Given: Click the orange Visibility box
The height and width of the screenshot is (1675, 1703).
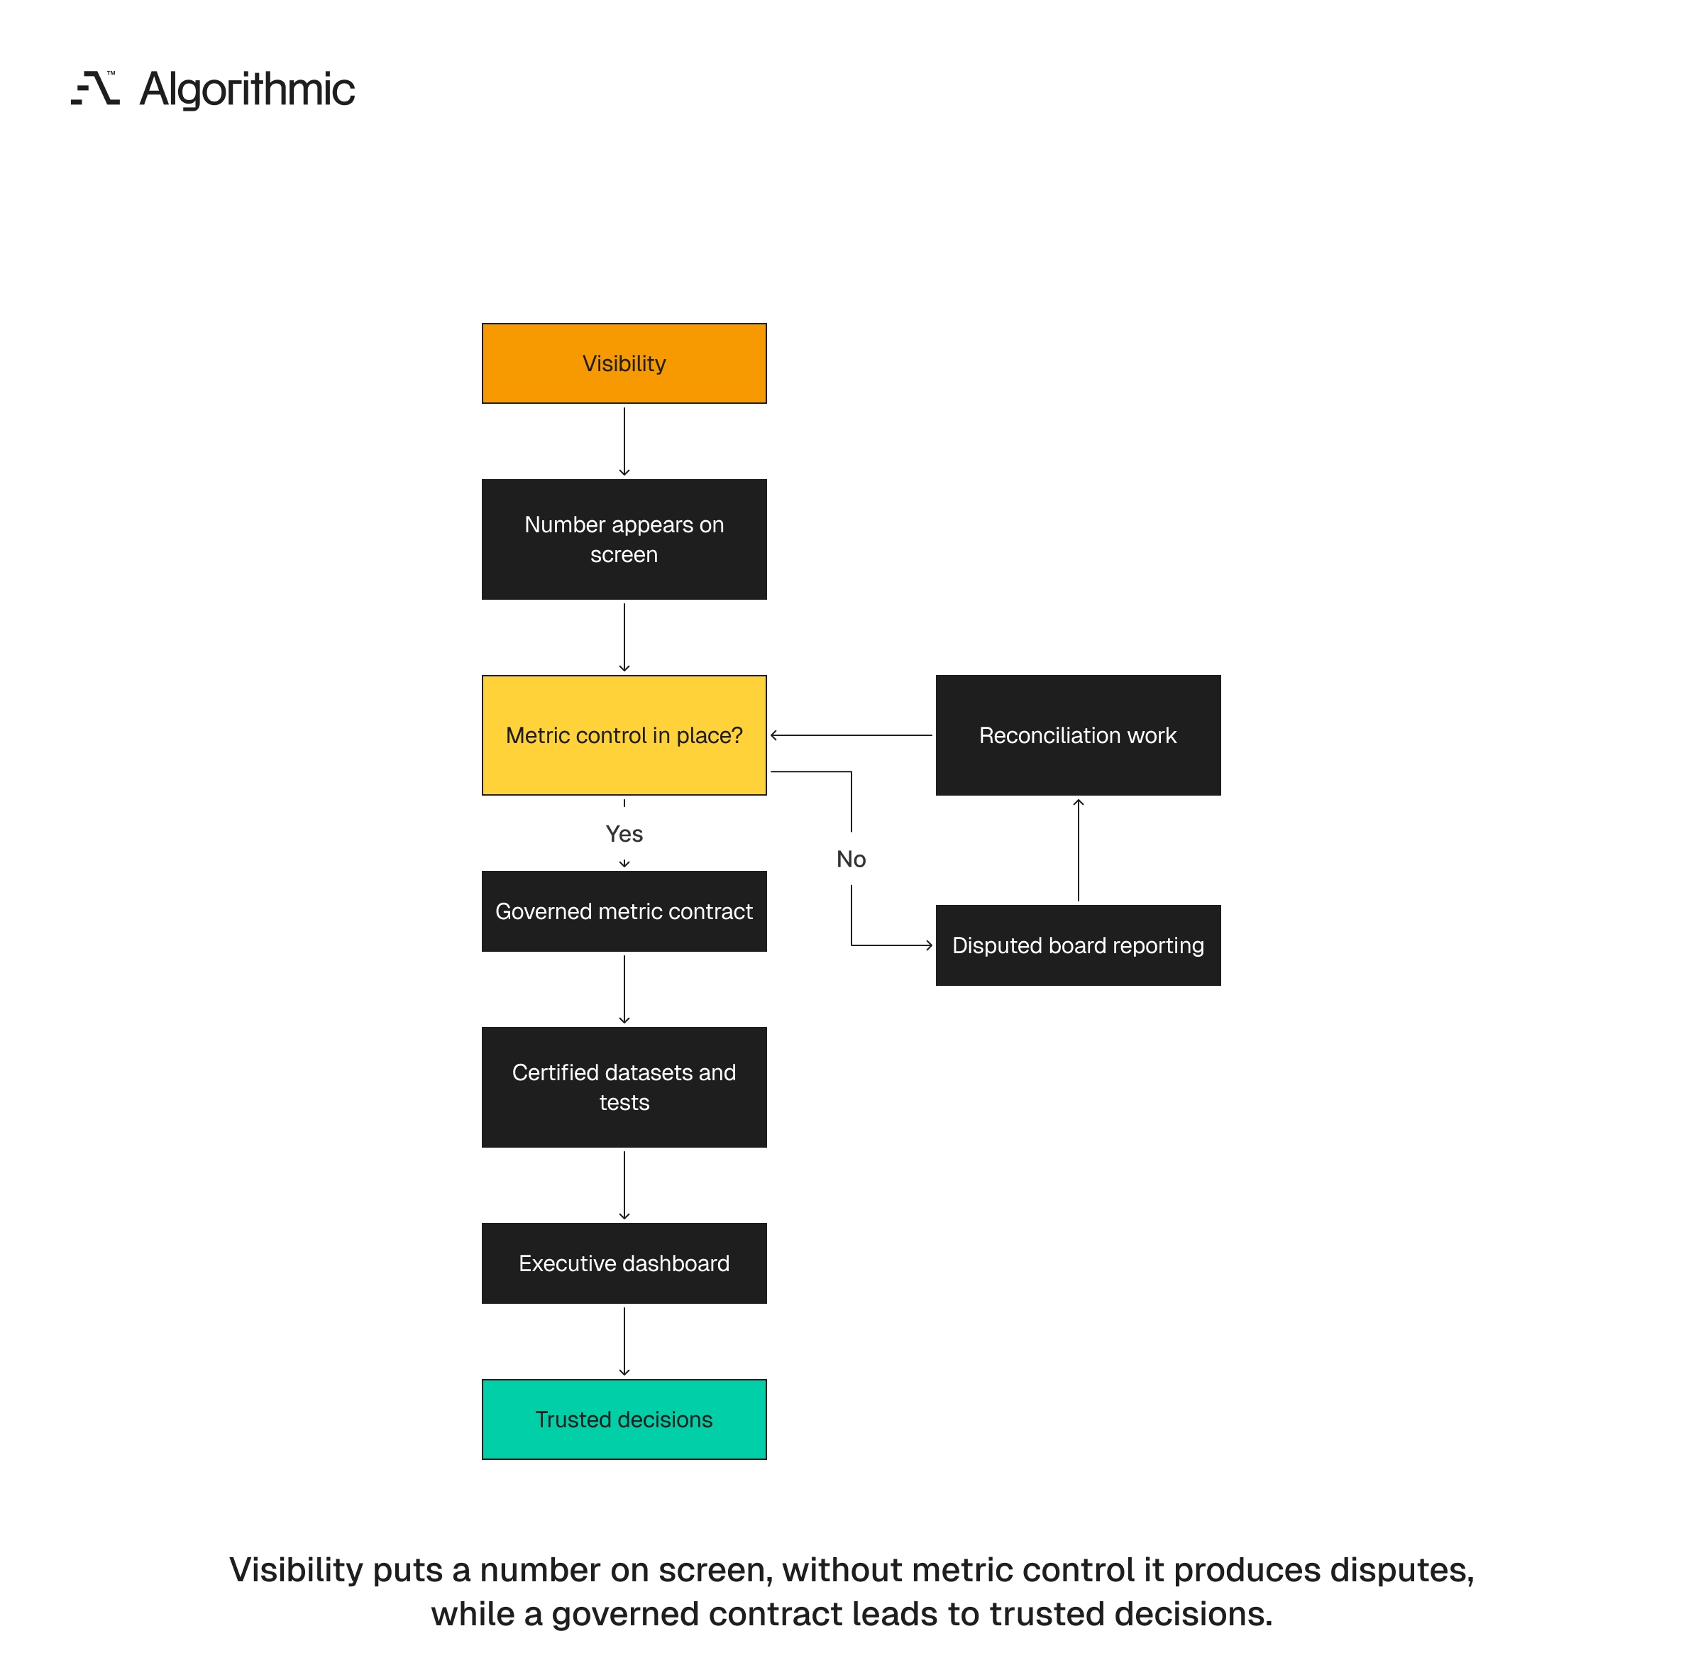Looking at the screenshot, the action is click(624, 363).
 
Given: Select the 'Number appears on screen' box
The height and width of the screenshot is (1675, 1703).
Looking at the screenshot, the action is click(624, 539).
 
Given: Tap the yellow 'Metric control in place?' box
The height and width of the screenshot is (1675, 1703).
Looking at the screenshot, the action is click(624, 735).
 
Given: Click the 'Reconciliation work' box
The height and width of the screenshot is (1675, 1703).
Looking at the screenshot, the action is click(1078, 735).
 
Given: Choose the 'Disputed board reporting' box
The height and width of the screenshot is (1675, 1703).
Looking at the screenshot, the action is click(1078, 945).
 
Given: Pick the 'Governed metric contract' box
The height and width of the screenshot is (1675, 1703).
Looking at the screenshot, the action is click(624, 911).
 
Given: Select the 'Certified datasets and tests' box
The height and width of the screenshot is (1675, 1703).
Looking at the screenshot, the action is click(624, 1087).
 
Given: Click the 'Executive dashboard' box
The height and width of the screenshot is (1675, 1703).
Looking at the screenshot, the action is click(624, 1263).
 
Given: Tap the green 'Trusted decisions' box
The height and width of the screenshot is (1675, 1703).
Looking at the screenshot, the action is click(624, 1419).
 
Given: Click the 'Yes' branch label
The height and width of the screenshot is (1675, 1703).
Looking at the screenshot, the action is click(624, 833).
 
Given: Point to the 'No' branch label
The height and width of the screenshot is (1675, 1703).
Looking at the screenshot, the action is click(851, 859).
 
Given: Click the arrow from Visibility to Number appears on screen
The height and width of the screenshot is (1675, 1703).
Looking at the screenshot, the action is click(624, 441).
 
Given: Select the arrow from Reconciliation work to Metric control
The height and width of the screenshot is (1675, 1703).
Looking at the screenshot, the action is click(851, 735).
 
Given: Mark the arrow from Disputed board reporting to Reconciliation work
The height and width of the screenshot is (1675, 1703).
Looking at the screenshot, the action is click(1078, 850).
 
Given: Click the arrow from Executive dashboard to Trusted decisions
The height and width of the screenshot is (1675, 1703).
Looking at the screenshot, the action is click(624, 1341).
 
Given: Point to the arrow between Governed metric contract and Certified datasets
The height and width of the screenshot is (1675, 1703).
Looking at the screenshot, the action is click(624, 989).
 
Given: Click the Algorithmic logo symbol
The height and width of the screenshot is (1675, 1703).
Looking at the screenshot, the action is click(95, 88).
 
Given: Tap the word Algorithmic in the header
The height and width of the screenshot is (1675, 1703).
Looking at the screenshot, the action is click(247, 89).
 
